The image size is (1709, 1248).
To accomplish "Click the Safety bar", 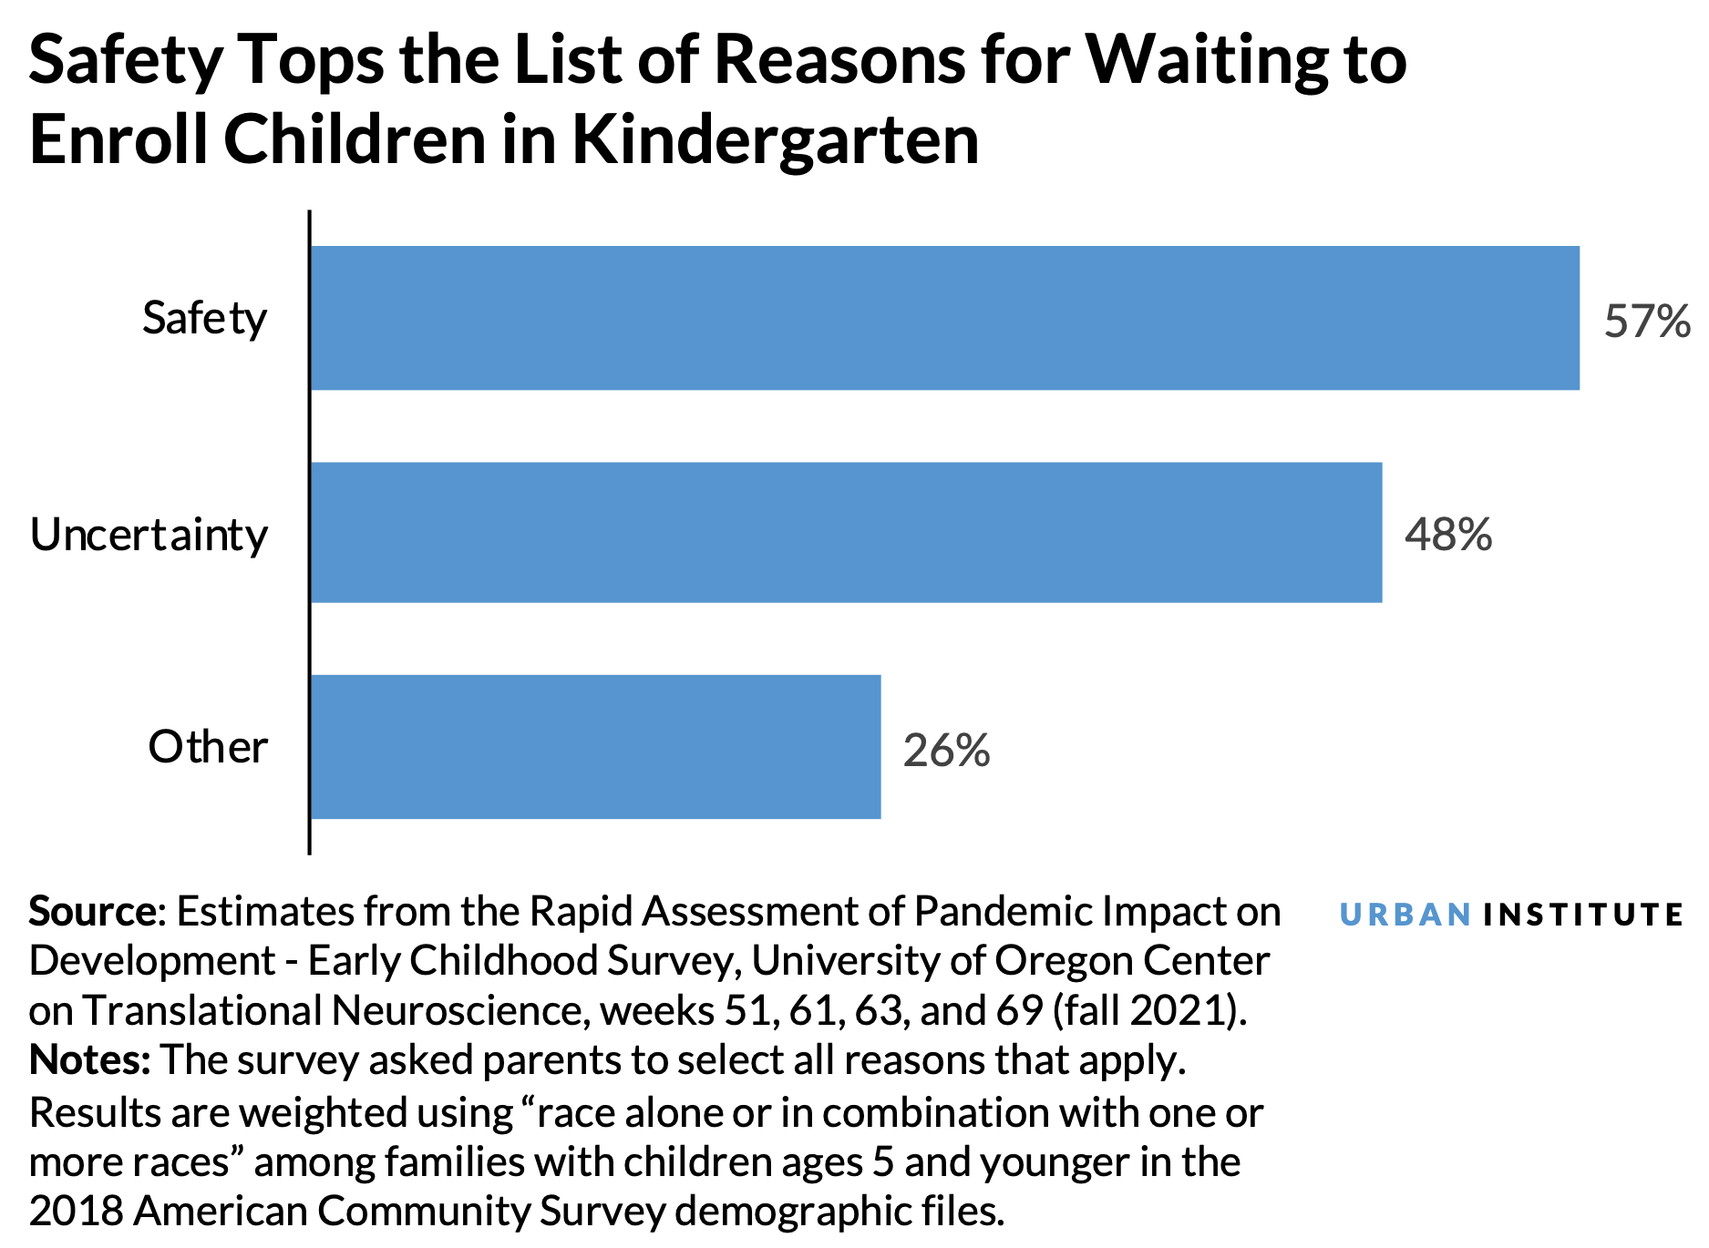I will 944,318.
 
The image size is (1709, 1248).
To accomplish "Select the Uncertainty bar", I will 846,533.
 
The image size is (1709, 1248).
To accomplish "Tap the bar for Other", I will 595,747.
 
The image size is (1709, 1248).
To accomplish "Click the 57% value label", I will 1646,322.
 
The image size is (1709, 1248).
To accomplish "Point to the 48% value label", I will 1447,535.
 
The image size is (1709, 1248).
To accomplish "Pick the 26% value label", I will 946,751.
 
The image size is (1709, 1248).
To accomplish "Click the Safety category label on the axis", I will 204,319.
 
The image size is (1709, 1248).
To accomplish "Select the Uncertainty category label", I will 149,535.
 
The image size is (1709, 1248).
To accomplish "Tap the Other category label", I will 208,747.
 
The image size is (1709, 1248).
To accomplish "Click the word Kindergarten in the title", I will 775,141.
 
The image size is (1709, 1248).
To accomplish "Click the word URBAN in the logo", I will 1405,915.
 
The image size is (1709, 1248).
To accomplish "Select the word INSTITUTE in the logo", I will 1582,915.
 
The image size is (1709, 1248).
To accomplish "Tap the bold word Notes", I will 88,1060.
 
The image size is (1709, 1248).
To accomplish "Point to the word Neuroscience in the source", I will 456,1010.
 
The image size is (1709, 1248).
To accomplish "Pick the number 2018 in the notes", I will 75,1211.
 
